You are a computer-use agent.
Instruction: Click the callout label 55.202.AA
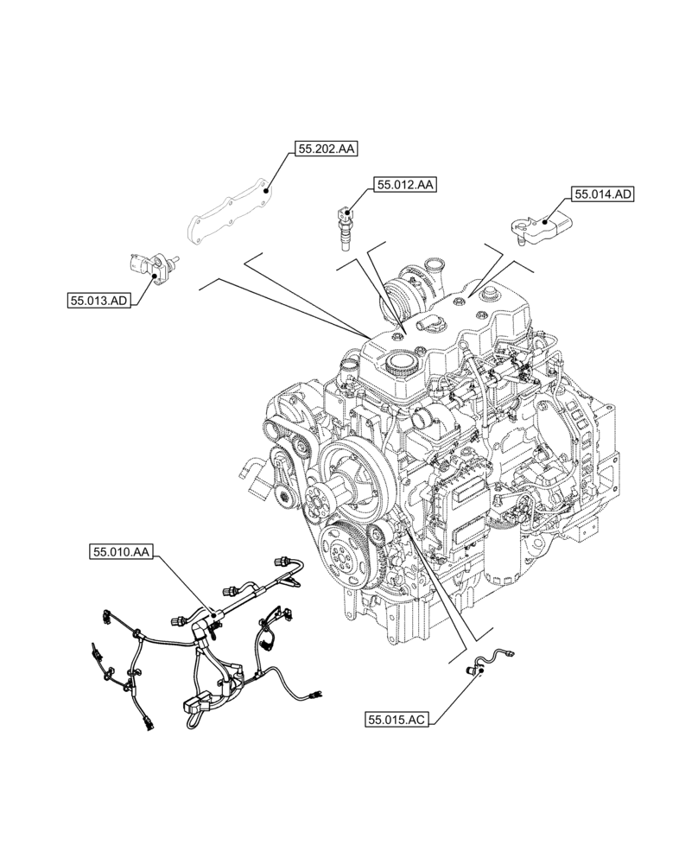coord(327,149)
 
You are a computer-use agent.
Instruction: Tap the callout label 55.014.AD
coord(603,194)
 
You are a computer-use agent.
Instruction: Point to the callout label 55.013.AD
coord(98,300)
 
